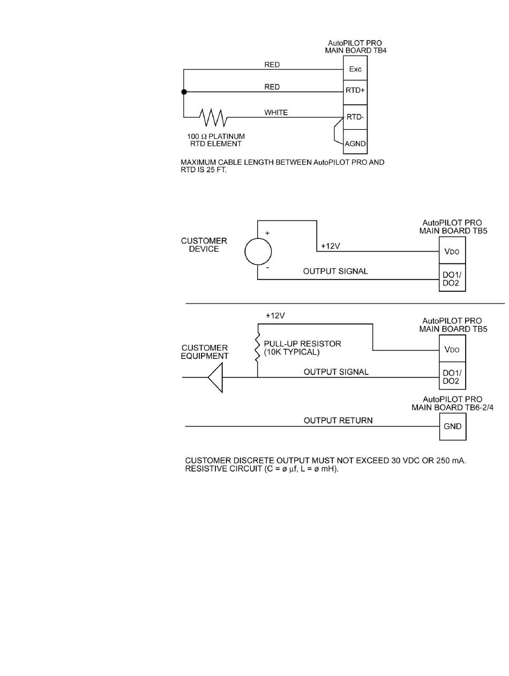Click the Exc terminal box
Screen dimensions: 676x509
pyautogui.click(x=355, y=69)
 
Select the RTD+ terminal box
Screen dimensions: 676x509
pyautogui.click(x=355, y=91)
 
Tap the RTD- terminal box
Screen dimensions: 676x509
pyautogui.click(x=355, y=117)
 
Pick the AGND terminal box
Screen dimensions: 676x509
pyautogui.click(x=355, y=143)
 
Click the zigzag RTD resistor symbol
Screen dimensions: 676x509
pyautogui.click(x=213, y=116)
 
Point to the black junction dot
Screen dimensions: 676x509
pyautogui.click(x=184, y=92)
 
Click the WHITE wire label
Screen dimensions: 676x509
pyautogui.click(x=276, y=113)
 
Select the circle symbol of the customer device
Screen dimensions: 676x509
pyautogui.click(x=258, y=251)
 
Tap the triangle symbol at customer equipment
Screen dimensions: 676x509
pyautogui.click(x=215, y=377)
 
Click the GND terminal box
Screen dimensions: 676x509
pyautogui.click(x=452, y=428)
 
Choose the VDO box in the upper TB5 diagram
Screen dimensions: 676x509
pyautogui.click(x=452, y=252)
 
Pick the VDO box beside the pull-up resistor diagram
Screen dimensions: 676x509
pyautogui.click(x=452, y=350)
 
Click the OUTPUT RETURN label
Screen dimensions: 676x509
pyautogui.click(x=338, y=421)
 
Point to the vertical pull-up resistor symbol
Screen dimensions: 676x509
pyautogui.click(x=258, y=346)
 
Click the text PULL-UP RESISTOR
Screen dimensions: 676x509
pyautogui.click(x=302, y=343)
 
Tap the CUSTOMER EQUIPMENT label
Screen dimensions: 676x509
pyautogui.click(x=205, y=352)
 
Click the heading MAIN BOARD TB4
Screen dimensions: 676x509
pyautogui.click(x=355, y=50)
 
